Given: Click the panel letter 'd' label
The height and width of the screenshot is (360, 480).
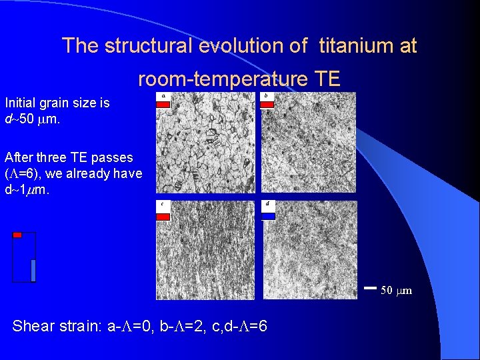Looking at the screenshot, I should click(x=267, y=204).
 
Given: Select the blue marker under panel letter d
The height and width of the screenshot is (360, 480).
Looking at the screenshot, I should click(x=267, y=216).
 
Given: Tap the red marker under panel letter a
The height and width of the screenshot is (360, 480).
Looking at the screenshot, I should click(x=163, y=105).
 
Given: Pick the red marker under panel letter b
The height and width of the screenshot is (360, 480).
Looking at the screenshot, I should click(x=267, y=105).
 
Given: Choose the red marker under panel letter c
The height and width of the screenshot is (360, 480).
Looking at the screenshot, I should click(x=163, y=216).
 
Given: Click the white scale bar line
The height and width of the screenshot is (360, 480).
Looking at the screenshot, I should click(x=371, y=289).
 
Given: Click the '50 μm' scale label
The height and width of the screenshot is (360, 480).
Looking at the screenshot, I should click(x=396, y=290).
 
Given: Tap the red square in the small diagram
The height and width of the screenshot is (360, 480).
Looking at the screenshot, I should click(x=17, y=235).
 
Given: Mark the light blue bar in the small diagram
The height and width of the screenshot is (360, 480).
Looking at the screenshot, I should click(x=33, y=270).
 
